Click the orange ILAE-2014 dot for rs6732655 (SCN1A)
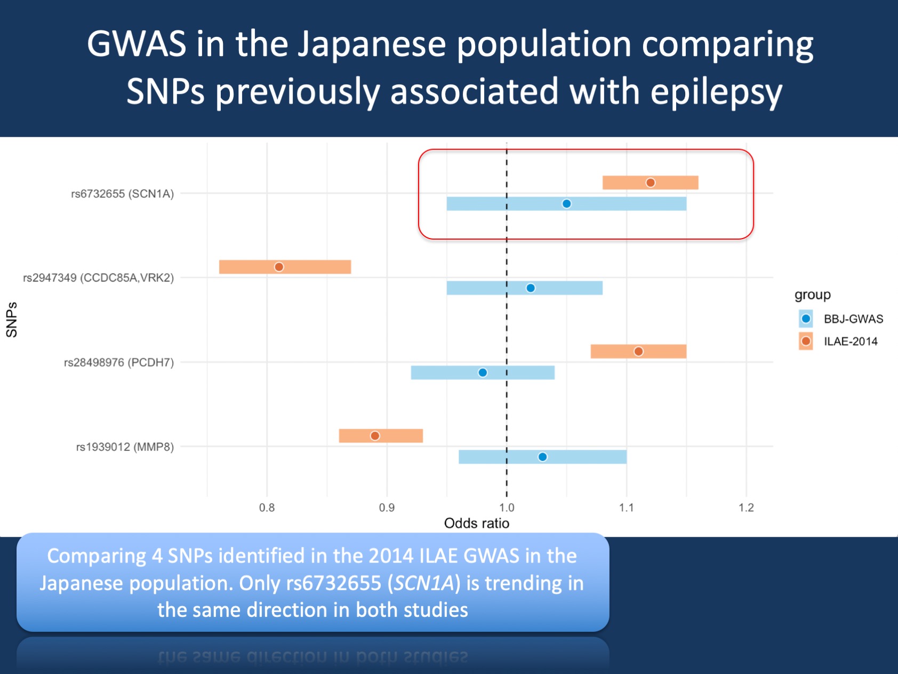pos(651,183)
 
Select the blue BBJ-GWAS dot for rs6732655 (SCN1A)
pos(567,203)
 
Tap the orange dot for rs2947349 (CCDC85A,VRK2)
pos(279,266)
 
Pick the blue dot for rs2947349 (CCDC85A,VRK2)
pos(531,288)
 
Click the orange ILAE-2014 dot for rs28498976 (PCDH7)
pos(638,351)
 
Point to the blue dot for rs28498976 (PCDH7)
pos(483,372)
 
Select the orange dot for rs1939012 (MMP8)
pos(375,435)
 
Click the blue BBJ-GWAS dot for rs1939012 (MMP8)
pos(542,456)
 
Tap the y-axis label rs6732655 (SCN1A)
pos(123,194)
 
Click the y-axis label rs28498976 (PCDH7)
pos(119,362)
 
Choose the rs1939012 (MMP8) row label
pos(125,447)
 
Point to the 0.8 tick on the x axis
pos(267,508)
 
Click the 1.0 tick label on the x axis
pos(507,508)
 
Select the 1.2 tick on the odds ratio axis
pos(747,508)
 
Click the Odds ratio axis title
pos(477,523)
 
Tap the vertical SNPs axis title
pos(12,320)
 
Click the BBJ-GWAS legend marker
pos(806,319)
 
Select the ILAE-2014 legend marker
pos(806,341)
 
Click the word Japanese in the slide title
pos(372,44)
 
